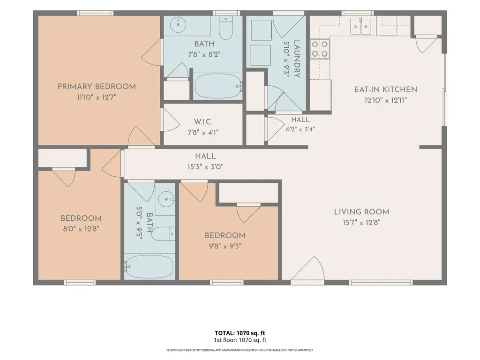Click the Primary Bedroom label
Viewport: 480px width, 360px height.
pos(97,87)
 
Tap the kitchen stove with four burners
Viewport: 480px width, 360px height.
pos(320,49)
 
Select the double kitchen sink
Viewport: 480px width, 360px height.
pos(360,26)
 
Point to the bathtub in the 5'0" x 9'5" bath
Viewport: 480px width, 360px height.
pos(149,266)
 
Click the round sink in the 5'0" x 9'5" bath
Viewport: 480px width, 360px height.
pos(166,199)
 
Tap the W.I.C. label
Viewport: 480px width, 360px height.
pos(203,122)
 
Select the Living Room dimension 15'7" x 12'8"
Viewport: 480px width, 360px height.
pos(361,223)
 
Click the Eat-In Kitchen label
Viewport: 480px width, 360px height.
pos(386,90)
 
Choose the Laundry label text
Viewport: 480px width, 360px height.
pos(297,59)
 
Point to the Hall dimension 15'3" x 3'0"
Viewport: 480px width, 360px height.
pos(205,167)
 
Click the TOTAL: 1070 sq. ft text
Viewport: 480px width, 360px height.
pos(240,333)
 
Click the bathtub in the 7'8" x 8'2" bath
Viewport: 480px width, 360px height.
pos(217,86)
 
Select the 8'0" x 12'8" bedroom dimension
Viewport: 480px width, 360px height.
pos(81,229)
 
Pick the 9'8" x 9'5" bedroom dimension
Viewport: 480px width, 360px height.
pos(225,246)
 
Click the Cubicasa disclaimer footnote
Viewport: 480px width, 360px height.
pos(240,350)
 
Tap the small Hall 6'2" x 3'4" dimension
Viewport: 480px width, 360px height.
pos(300,129)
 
